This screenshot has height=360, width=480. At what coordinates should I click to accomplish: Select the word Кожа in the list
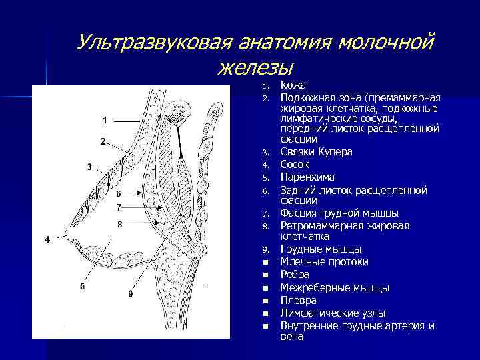pos(293,85)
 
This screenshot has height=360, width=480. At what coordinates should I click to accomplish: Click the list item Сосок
pos(295,164)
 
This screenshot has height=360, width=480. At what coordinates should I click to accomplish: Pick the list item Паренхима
pos(307,177)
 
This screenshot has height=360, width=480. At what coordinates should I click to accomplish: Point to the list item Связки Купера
pos(317,151)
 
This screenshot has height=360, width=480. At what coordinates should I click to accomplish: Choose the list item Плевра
pos(298,301)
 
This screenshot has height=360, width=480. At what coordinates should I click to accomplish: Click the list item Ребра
pos(295,275)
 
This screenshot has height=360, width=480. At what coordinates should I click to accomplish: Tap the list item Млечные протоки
pos(324,262)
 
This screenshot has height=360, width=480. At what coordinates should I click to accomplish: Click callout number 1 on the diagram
pos(105,120)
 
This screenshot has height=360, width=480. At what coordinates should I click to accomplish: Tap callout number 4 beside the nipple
pos(47,239)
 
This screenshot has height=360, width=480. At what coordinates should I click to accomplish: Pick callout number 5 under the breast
pos(82,286)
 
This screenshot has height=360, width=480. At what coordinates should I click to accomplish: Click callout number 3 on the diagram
pos(89,166)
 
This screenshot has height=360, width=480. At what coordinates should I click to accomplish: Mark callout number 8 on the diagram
pos(119,225)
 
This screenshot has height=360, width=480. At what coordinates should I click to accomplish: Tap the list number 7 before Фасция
pos(265,214)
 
